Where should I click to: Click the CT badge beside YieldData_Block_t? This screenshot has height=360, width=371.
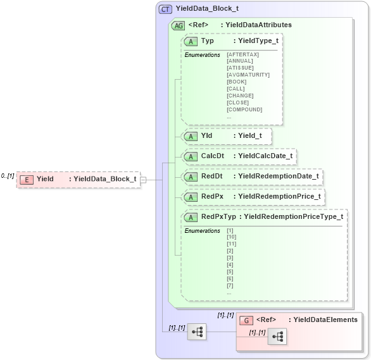[x=165, y=9]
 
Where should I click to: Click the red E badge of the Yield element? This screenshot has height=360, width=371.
[x=27, y=179]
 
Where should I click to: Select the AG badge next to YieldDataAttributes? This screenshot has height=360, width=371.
[x=178, y=25]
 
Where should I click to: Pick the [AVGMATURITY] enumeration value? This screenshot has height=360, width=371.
[x=248, y=75]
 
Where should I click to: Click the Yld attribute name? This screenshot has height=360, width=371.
[x=206, y=135]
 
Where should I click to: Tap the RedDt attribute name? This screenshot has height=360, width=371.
[x=211, y=176]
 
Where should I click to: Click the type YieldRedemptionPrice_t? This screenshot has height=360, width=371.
[x=279, y=196]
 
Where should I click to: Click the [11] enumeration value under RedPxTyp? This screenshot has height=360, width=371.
[x=231, y=244]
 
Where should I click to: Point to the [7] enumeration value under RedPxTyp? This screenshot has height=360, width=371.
[x=230, y=286]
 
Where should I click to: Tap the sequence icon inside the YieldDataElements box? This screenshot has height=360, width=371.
[x=277, y=338]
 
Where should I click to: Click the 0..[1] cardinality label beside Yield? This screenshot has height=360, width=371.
[x=8, y=176]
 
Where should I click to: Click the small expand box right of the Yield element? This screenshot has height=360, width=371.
[x=143, y=180]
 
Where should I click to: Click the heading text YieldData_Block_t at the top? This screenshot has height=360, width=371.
[x=207, y=9]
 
